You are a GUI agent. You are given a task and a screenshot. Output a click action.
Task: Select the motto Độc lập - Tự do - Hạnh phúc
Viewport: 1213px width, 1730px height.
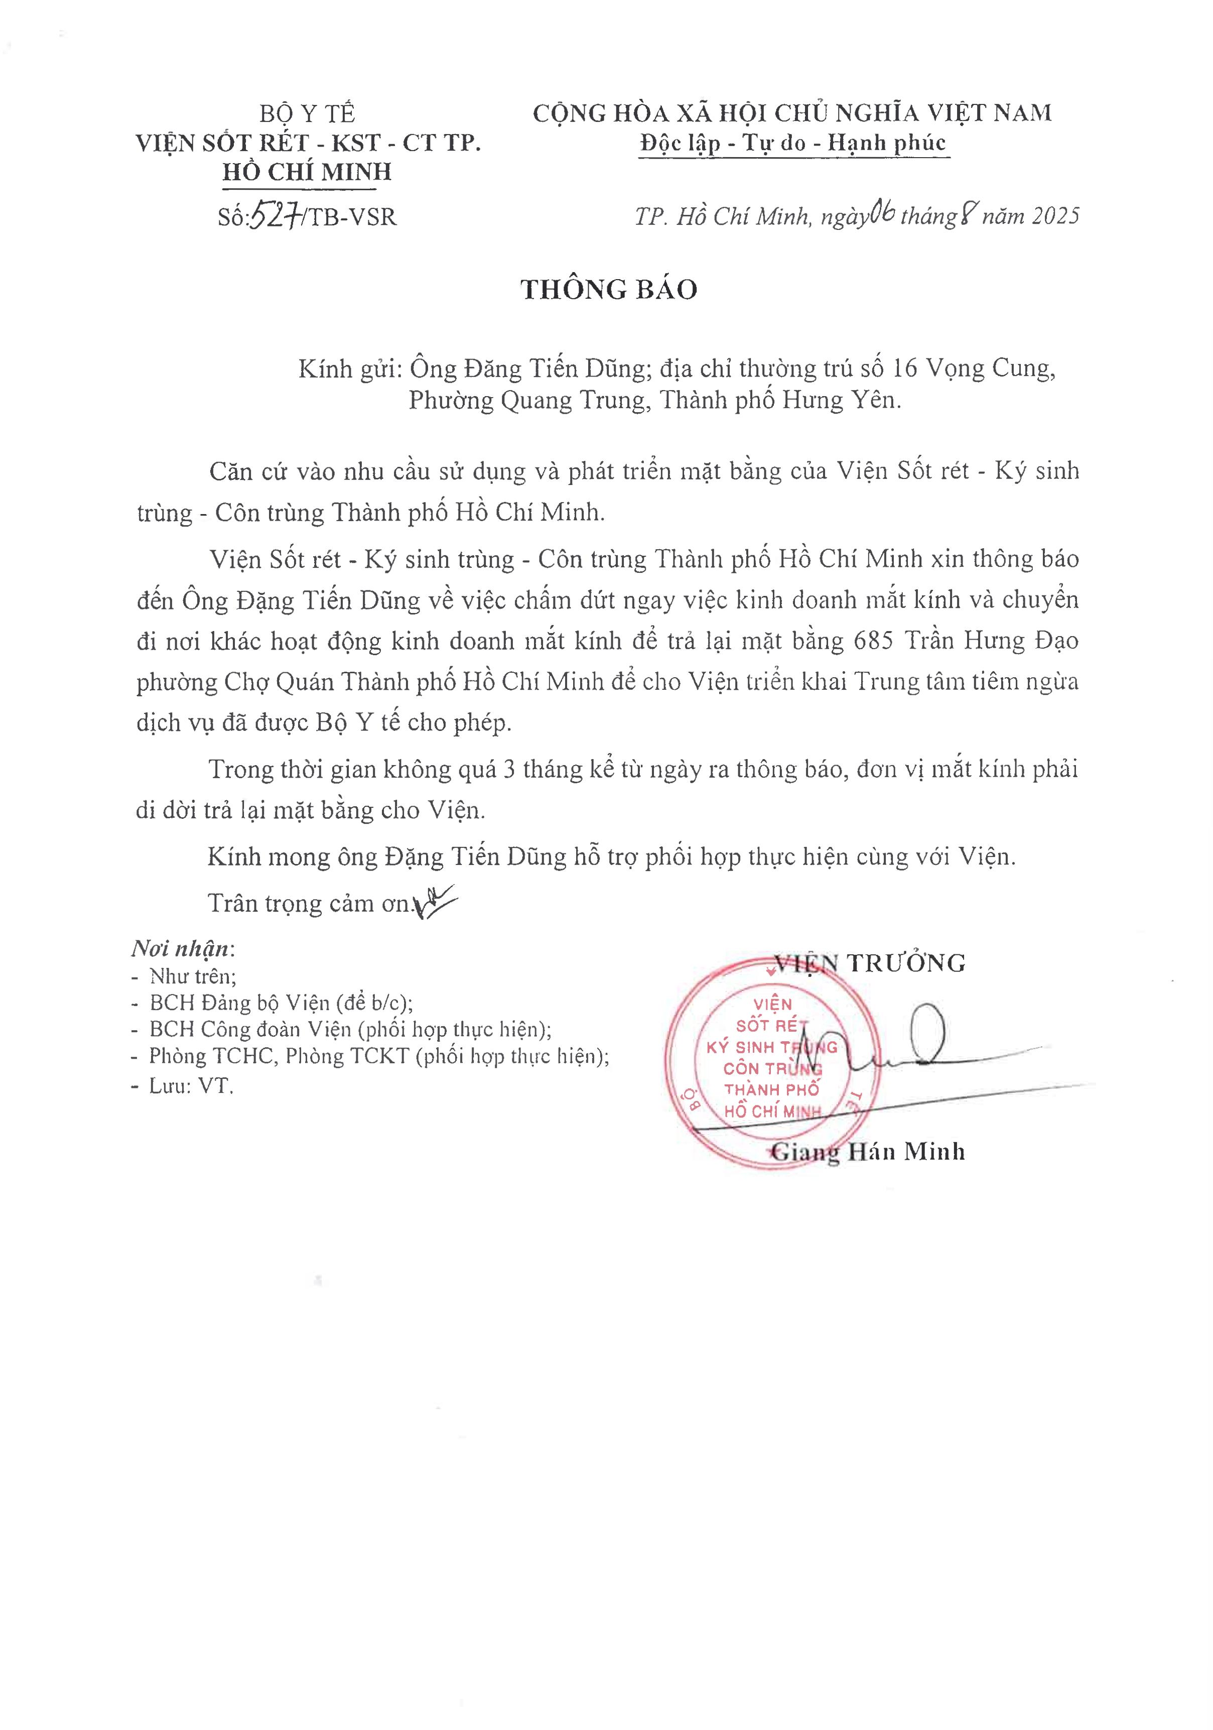[x=792, y=143]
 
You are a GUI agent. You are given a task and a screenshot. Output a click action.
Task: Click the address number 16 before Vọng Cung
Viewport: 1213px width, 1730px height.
[x=904, y=368]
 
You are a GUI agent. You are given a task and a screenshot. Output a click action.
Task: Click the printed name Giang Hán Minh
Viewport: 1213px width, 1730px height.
[x=868, y=1151]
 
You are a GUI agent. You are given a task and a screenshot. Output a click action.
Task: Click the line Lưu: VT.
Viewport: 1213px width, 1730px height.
[x=191, y=1086]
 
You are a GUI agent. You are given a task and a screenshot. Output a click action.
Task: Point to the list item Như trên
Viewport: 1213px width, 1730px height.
[x=193, y=976]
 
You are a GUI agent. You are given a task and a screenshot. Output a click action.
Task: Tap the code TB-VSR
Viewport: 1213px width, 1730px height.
[x=352, y=217]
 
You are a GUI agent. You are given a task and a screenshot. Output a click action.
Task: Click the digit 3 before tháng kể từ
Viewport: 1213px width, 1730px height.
[x=509, y=769]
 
